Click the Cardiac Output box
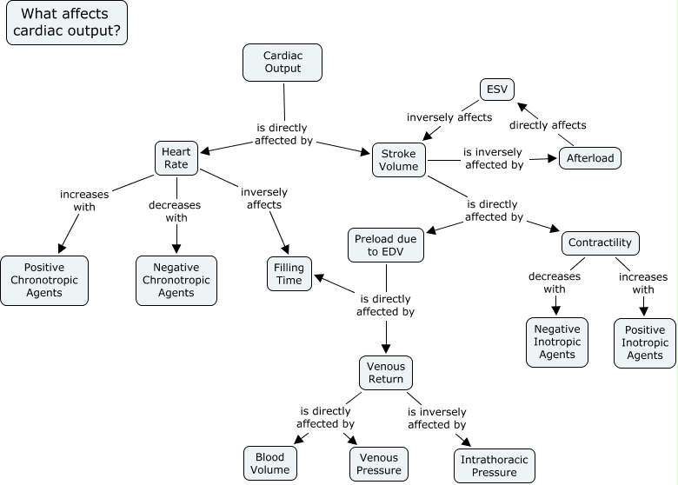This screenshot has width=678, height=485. tap(282, 63)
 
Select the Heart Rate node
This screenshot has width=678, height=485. tap(176, 157)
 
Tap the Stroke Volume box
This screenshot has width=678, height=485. tap(399, 160)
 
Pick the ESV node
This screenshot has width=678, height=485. tap(497, 90)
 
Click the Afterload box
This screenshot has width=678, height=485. tap(589, 158)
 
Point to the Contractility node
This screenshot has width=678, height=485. tap(601, 242)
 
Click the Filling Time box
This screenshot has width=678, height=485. tap(289, 274)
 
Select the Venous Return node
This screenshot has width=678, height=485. tap(385, 372)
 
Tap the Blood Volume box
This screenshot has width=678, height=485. tap(269, 464)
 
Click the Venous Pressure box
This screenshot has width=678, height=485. tap(378, 464)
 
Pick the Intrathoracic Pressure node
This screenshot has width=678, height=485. tap(494, 466)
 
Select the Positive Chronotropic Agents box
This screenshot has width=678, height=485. tap(43, 280)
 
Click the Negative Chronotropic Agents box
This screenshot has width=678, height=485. tap(176, 280)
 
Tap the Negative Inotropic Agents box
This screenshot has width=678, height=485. tap(556, 342)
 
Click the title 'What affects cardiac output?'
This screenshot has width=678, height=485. tap(67, 23)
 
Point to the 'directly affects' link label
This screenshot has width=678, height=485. tap(548, 125)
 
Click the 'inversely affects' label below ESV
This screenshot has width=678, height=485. tap(449, 117)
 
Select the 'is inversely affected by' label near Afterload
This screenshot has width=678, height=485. tap(494, 157)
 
